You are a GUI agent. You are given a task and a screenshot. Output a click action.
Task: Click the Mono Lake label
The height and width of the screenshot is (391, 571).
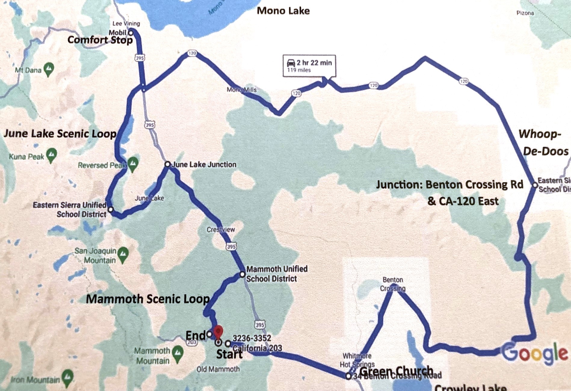pyautogui.click(x=283, y=11)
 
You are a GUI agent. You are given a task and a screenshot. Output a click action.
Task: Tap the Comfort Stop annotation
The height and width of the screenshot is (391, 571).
pyautogui.click(x=100, y=40)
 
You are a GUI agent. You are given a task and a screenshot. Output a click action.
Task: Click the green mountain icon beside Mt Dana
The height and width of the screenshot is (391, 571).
pyautogui.click(x=49, y=69)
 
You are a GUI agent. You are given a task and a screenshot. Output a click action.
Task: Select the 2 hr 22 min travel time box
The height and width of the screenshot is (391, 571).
pyautogui.click(x=309, y=66)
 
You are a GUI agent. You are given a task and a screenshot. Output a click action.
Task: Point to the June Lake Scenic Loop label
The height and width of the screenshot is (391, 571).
pyautogui.click(x=60, y=134)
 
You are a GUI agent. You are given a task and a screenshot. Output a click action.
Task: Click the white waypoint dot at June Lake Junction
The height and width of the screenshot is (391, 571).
pyautogui.click(x=168, y=164)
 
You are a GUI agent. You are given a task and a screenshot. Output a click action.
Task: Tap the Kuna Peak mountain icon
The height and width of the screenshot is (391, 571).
pyautogui.click(x=51, y=155)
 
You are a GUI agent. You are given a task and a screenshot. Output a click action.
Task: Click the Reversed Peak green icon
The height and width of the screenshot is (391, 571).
pyautogui.click(x=133, y=164)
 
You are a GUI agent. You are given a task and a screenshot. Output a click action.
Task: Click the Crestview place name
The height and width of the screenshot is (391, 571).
pyautogui.click(x=221, y=229)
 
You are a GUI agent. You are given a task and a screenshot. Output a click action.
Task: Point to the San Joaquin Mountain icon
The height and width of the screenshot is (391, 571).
pyautogui.click(x=123, y=254)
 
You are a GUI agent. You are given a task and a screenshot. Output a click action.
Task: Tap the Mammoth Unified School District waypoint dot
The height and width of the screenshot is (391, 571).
pyautogui.click(x=242, y=274)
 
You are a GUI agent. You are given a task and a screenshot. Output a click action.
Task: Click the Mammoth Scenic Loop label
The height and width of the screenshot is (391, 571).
pyautogui.click(x=148, y=299)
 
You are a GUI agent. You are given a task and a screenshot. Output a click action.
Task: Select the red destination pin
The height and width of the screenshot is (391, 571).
pyautogui.click(x=218, y=331)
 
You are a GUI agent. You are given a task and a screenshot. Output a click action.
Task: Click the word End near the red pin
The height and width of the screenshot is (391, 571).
pyautogui.click(x=195, y=335)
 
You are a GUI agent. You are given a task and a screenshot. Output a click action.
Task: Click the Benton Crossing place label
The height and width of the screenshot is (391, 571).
pyautogui.click(x=393, y=284)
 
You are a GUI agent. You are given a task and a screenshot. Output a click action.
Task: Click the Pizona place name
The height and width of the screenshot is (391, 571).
pyautogui.click(x=525, y=13)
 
